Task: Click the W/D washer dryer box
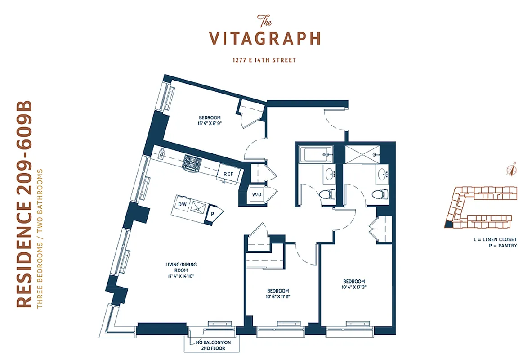pyautogui.click(x=257, y=195)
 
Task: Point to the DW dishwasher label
pyautogui.click(x=182, y=204)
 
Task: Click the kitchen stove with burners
pyautogui.click(x=192, y=163)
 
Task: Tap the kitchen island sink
pyautogui.click(x=197, y=207)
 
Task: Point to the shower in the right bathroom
pyautogui.click(x=361, y=155)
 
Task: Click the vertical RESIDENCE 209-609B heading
pyautogui.click(x=25, y=205)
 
